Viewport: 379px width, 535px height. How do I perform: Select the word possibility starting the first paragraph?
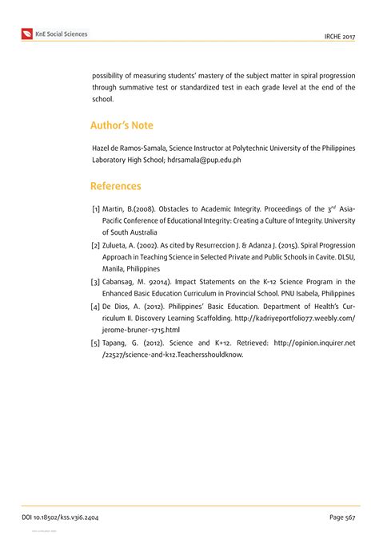pos(113,75)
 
